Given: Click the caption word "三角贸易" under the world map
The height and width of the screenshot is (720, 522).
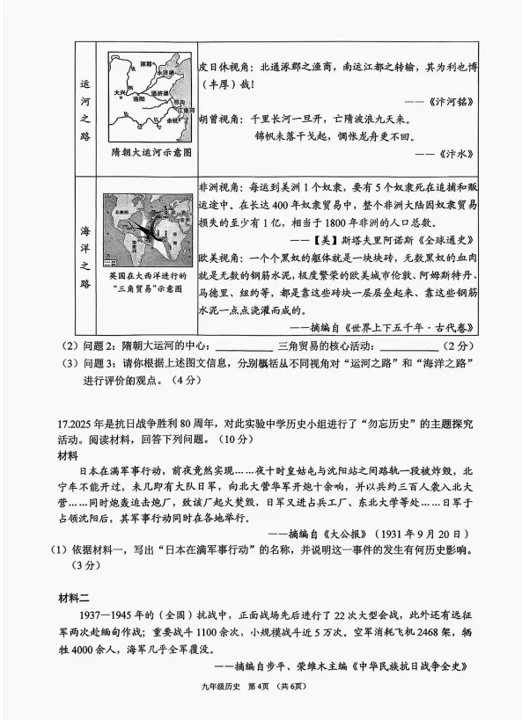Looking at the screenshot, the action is (129, 289).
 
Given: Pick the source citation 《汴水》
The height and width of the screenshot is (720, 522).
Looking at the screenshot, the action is (460, 153).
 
